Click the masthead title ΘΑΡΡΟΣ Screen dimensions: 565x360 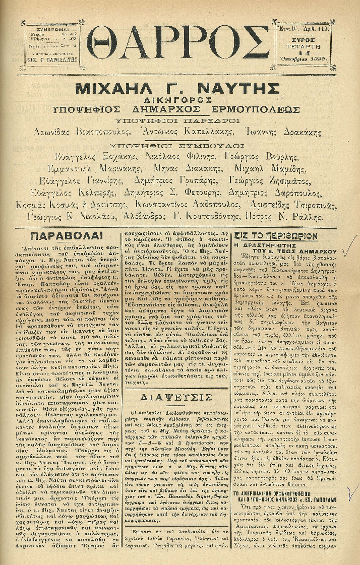point(179,44)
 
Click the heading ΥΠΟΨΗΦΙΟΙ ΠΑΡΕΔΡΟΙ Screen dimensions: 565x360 point(180,121)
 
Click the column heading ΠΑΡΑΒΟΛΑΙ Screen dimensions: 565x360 point(66,236)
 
